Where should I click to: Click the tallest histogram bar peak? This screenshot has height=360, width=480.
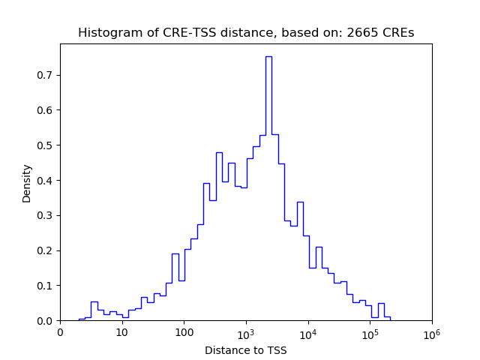coord(268,57)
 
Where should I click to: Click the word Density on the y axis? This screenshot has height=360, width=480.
coord(27,182)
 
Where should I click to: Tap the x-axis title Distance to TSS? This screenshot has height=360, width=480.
coord(246,349)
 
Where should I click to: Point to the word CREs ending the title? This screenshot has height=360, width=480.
coord(396,33)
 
